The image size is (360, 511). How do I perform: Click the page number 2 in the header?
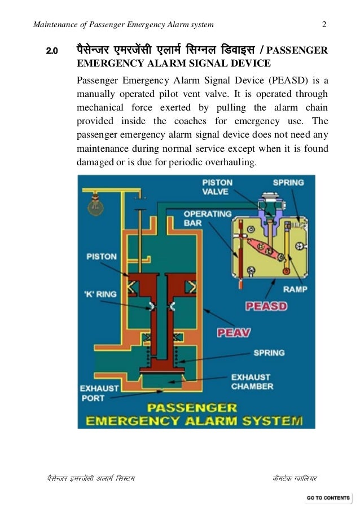click(x=324, y=25)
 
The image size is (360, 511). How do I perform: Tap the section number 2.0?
click(x=52, y=52)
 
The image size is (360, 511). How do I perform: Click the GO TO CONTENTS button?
click(x=328, y=497)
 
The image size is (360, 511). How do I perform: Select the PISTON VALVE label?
click(x=217, y=187)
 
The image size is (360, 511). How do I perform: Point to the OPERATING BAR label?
click(x=207, y=218)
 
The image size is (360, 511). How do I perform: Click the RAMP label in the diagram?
click(x=295, y=289)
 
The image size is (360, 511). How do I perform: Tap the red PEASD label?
click(x=266, y=306)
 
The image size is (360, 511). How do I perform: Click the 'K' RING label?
click(x=101, y=294)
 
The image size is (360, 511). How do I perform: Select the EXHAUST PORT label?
click(x=99, y=393)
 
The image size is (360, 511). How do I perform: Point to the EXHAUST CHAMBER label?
click(x=251, y=381)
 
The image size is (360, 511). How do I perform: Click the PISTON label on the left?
click(x=102, y=257)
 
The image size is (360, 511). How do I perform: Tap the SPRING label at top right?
click(x=288, y=182)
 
